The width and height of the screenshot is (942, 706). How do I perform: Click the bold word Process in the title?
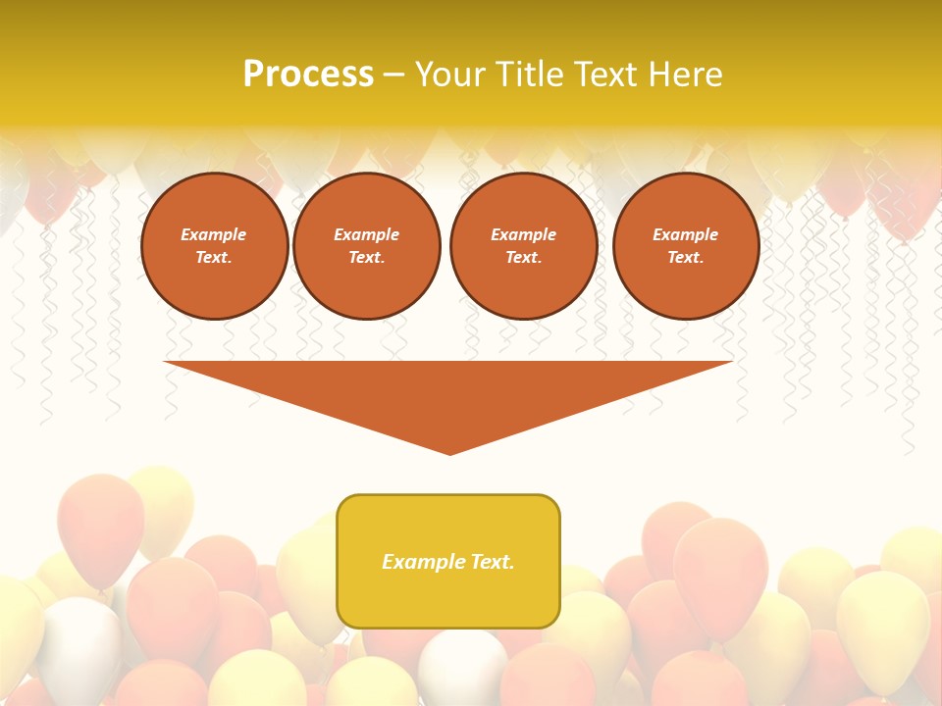click(x=308, y=75)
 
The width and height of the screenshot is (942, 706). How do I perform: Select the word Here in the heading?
click(x=686, y=75)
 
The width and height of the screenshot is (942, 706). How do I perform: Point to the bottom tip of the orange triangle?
click(x=449, y=453)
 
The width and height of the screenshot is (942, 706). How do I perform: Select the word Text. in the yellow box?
click(x=493, y=562)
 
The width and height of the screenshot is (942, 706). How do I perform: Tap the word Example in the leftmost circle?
click(x=214, y=234)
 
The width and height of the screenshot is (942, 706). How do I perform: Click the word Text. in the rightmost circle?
click(x=686, y=258)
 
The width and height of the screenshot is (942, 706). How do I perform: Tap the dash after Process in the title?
click(x=394, y=75)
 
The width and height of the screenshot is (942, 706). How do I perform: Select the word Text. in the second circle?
click(x=366, y=258)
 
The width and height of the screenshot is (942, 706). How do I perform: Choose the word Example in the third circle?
click(x=523, y=234)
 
